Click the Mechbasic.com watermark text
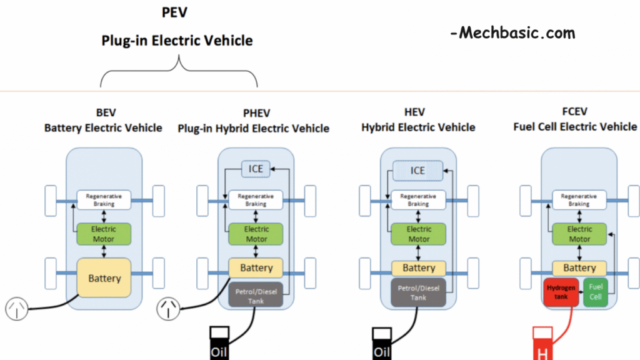[512, 33]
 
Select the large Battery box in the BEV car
[104, 277]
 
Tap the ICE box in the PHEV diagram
[256, 169]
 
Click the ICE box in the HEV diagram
[417, 170]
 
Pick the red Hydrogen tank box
[562, 292]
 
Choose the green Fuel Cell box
[596, 292]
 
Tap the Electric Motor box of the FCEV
[579, 234]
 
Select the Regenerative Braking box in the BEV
[104, 199]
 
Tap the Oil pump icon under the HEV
[381, 343]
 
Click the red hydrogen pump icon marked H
[542, 344]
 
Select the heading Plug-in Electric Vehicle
[177, 41]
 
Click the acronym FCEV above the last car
[575, 112]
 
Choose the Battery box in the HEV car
[418, 268]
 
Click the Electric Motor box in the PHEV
[256, 234]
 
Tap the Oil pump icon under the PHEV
[219, 343]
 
